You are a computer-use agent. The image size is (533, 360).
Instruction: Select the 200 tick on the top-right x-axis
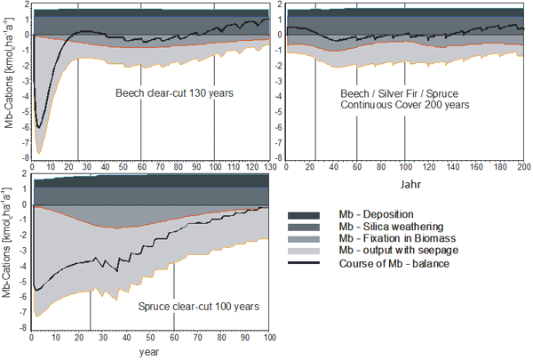coord(524,166)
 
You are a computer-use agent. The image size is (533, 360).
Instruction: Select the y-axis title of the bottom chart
coord(8,258)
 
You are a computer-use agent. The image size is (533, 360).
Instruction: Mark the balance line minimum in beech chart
coord(38,127)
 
